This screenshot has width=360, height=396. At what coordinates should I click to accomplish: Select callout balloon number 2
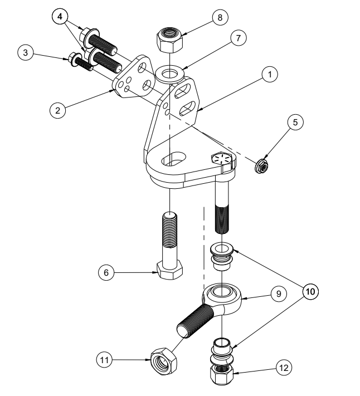[x=56, y=110]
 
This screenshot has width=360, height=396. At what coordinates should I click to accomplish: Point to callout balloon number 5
[x=295, y=121]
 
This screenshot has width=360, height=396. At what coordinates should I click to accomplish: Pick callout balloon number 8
[x=220, y=17]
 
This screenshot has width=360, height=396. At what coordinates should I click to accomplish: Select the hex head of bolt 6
[x=168, y=271]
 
